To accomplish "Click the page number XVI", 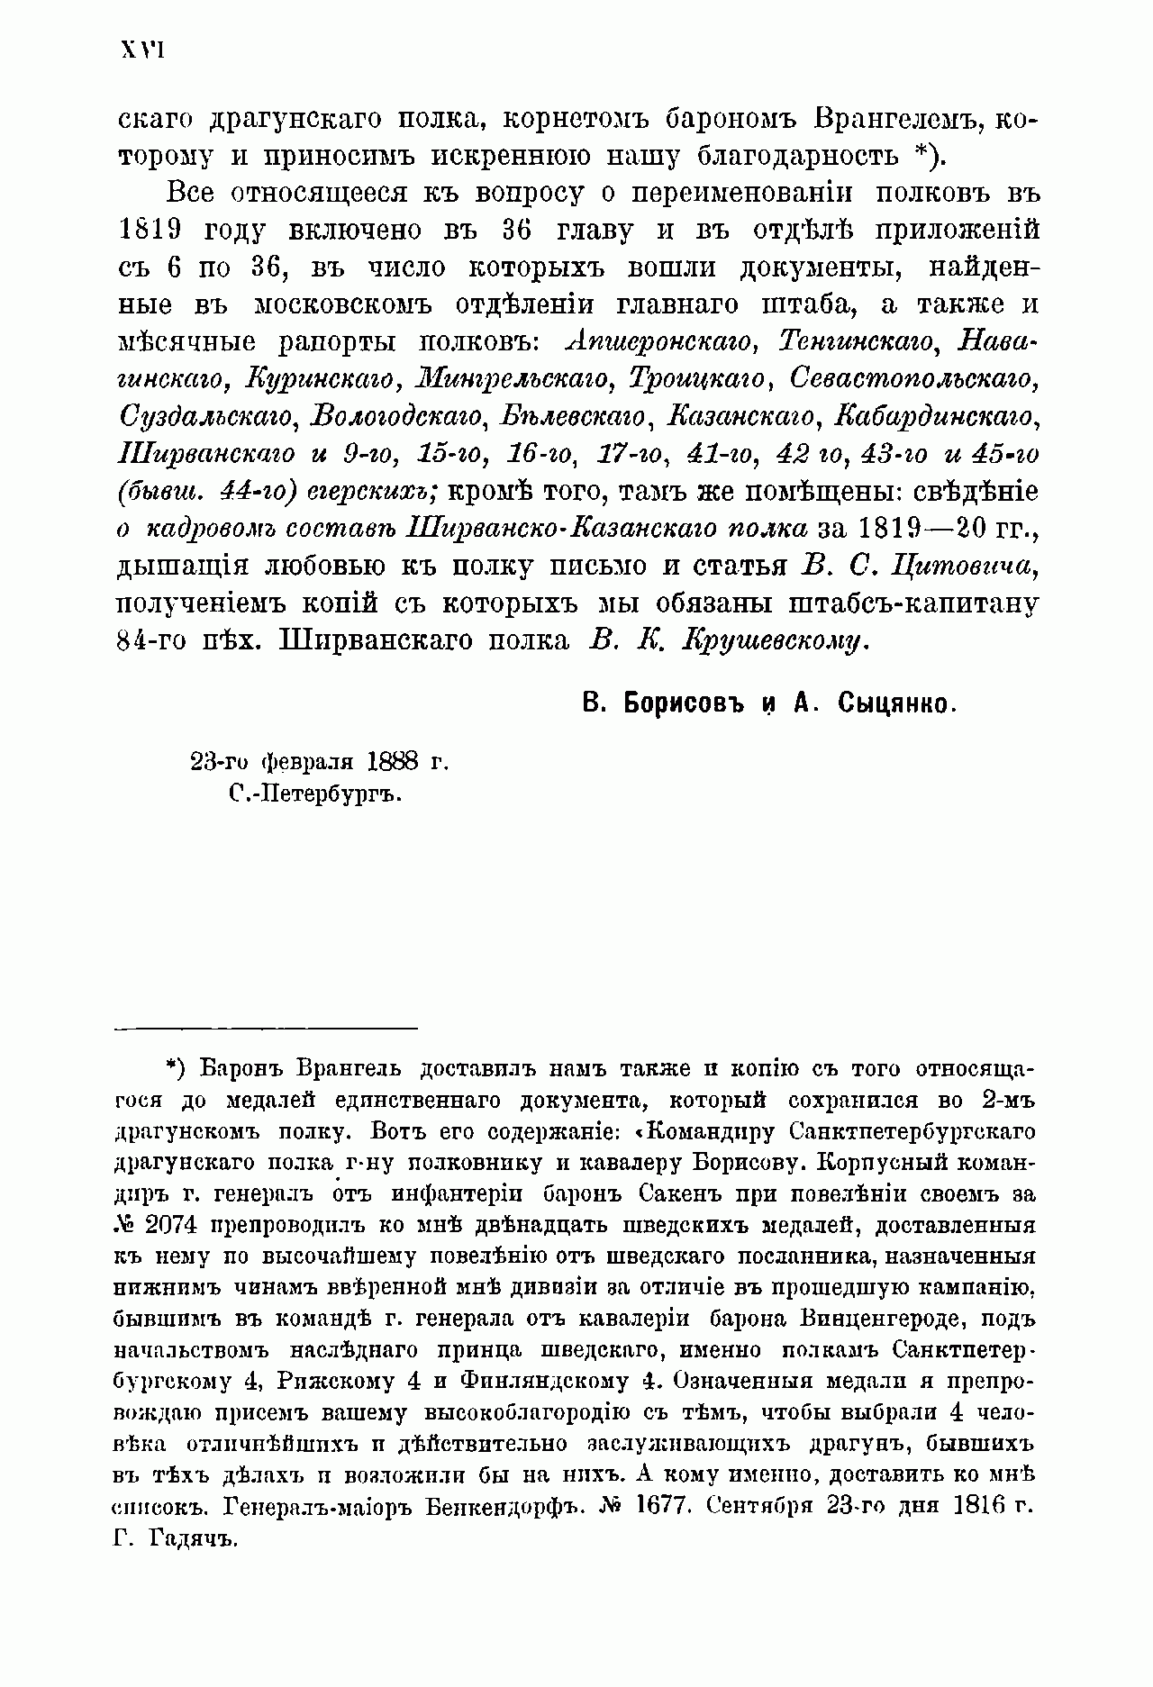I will coord(141,50).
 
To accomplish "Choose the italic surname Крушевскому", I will coord(776,640).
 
